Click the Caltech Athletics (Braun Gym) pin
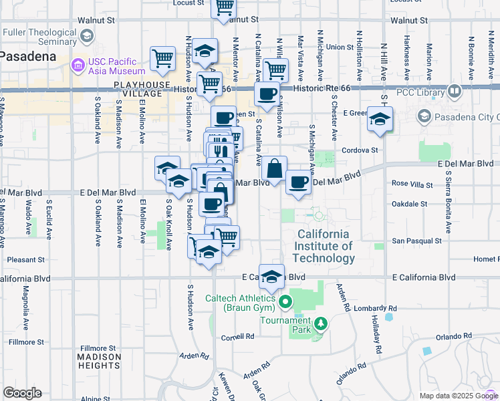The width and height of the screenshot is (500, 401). (x=285, y=302)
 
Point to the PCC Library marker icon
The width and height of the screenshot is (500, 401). (x=455, y=90)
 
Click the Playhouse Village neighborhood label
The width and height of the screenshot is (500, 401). (x=138, y=89)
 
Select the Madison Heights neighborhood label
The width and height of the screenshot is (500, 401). (x=99, y=361)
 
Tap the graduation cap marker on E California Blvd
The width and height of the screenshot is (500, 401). (x=271, y=276)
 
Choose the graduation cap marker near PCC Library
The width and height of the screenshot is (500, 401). (x=379, y=120)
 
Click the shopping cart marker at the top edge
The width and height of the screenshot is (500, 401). (x=224, y=7)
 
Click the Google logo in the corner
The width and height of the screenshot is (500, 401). (x=21, y=393)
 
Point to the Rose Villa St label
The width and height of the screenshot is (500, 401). (x=409, y=182)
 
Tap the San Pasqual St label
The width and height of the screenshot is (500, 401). (x=416, y=241)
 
